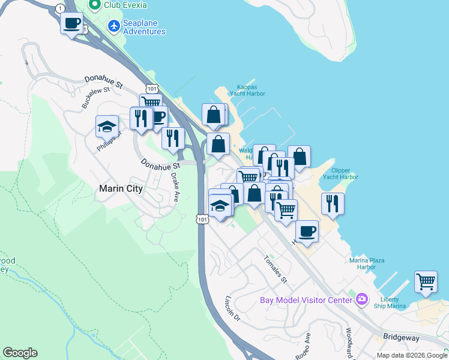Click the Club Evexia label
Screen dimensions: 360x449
(126, 5)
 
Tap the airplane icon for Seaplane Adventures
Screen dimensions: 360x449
(113, 26)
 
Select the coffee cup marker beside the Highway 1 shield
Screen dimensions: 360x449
(71, 24)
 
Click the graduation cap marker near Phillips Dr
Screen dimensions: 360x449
(107, 126)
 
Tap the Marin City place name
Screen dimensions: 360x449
(121, 188)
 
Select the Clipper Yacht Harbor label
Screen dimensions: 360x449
(340, 173)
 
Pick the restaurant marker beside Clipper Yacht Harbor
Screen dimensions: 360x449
(333, 204)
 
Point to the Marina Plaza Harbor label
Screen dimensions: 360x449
(370, 263)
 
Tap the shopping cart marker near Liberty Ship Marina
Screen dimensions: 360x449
(426, 281)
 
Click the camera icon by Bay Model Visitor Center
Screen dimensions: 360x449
(361, 299)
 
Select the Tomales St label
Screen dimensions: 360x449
(276, 269)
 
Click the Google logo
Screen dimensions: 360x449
(20, 353)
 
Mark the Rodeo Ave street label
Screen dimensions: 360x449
(304, 346)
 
